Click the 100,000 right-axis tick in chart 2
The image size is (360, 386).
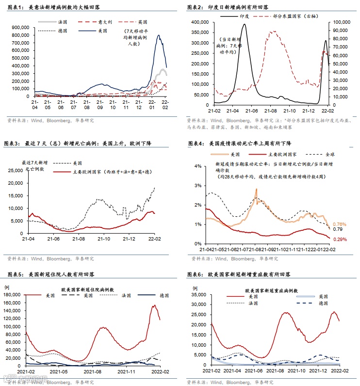341,22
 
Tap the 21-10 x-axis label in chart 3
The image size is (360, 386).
103,239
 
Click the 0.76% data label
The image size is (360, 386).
340,224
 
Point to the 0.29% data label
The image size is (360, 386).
340,240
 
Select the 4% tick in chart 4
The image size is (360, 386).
197,166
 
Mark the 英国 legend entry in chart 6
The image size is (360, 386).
322,296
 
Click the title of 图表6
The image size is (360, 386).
239,274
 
